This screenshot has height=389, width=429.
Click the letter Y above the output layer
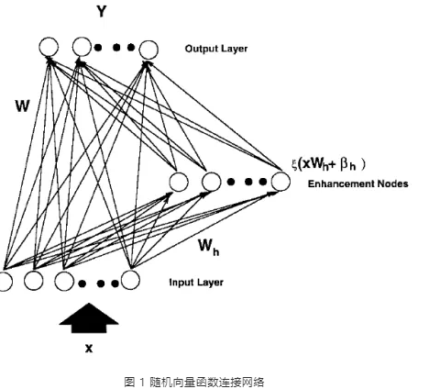102,11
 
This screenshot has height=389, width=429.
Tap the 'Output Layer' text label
216,49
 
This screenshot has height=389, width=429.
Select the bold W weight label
23,106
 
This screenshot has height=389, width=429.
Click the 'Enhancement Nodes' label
357,183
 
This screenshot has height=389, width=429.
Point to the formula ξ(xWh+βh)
328,164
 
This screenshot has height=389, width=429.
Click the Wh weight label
209,247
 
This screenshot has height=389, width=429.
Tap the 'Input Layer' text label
196,282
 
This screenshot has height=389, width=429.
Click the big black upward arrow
89,317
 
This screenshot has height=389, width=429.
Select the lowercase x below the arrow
89,348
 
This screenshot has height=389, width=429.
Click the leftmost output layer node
49,47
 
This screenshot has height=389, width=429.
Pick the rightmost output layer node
148,50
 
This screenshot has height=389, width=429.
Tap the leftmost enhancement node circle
179,182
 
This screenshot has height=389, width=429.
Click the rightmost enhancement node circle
280,182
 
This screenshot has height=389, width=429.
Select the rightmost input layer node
130,280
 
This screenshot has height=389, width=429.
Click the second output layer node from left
82,47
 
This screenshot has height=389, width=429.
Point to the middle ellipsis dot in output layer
116,48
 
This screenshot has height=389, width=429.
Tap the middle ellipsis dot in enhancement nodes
248,182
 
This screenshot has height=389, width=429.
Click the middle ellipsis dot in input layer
101,283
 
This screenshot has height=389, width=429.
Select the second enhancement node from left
212,182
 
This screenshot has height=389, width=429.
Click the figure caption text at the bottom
194,383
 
